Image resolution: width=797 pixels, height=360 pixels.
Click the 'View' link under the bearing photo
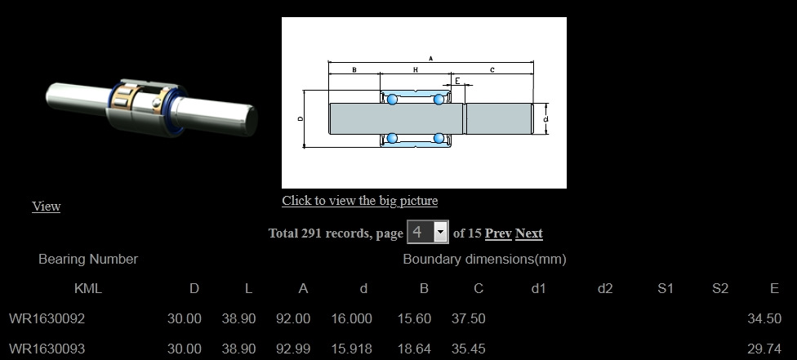(47, 207)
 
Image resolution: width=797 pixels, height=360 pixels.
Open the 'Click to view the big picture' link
(360, 201)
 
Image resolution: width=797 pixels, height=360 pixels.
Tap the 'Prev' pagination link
(498, 233)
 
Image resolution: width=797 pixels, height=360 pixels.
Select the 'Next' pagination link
(529, 233)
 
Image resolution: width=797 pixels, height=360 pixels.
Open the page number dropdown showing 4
(427, 233)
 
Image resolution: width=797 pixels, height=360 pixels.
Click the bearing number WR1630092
(47, 319)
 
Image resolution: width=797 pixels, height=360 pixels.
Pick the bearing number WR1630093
(47, 349)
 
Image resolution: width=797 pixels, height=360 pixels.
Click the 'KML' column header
(88, 289)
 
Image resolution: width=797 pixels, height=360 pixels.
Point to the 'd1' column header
(538, 289)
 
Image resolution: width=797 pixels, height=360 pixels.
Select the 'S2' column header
(720, 289)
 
